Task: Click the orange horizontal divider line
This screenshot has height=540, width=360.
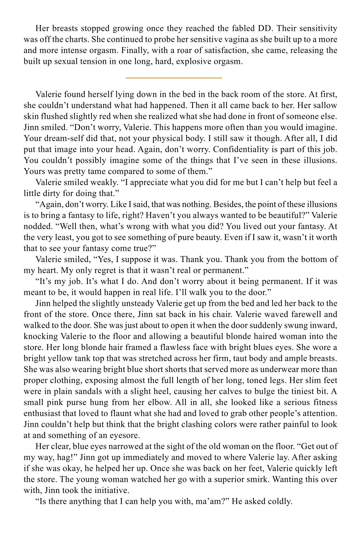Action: point(174,78)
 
